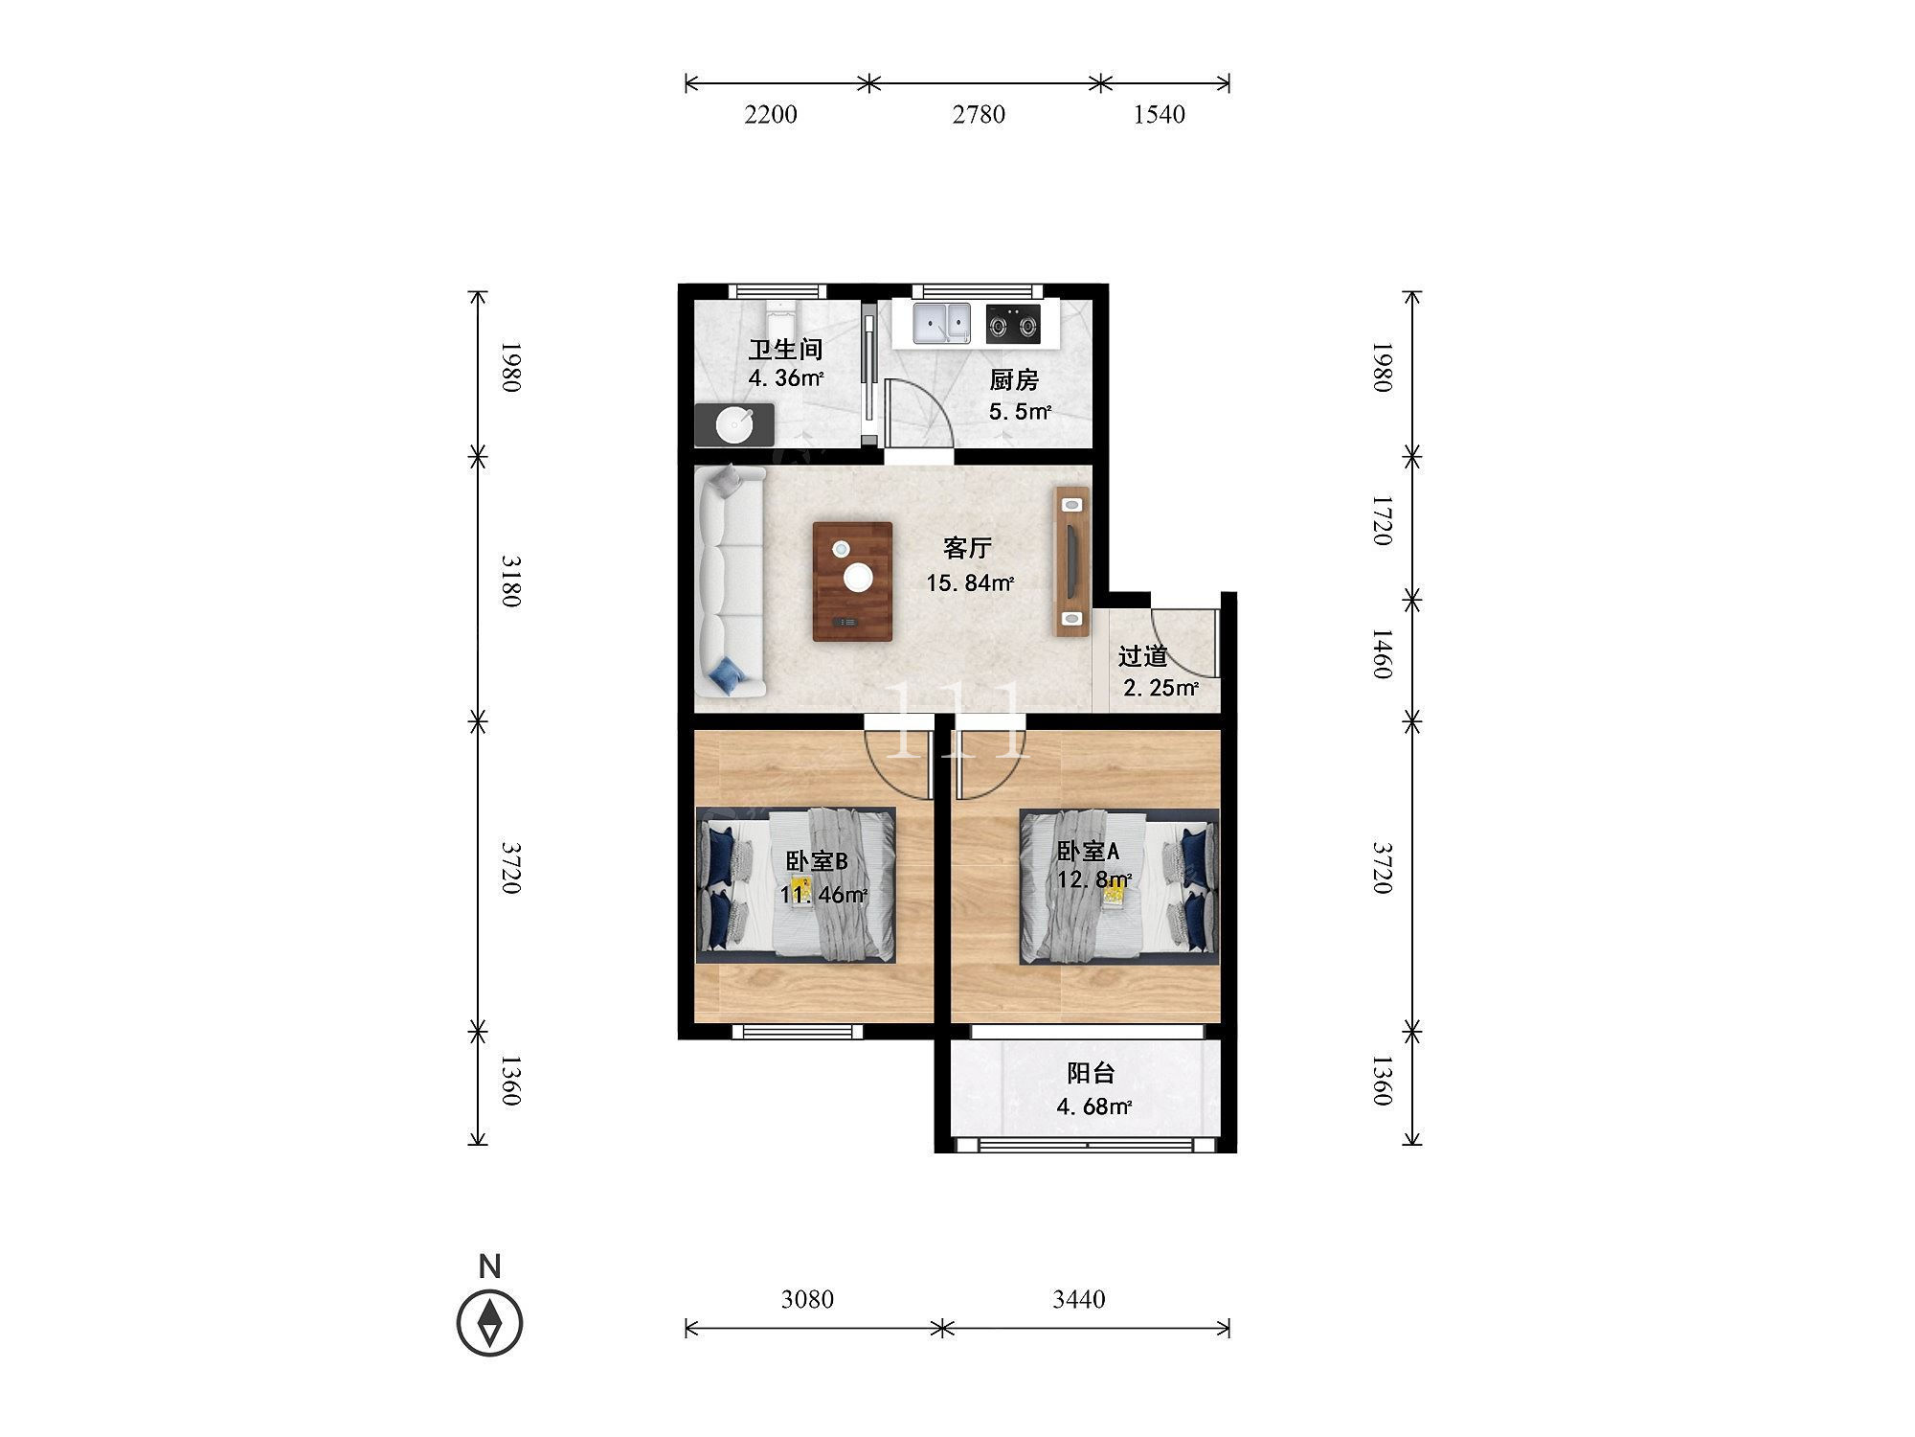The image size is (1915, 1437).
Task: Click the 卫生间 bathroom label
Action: pyautogui.click(x=786, y=350)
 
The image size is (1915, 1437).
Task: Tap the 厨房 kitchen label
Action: pyautogui.click(x=1014, y=380)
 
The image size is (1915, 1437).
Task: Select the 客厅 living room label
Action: pyautogui.click(x=967, y=548)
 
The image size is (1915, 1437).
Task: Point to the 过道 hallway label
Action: pyautogui.click(x=1143, y=656)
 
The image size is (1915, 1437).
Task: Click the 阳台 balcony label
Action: pyautogui.click(x=1092, y=1073)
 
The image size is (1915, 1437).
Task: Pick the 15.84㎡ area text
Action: pyautogui.click(x=970, y=582)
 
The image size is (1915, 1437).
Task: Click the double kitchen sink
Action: pyautogui.click(x=941, y=323)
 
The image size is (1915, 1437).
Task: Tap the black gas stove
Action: pyautogui.click(x=1013, y=323)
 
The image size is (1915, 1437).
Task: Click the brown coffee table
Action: pyautogui.click(x=852, y=582)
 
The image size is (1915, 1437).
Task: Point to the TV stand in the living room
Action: pyautogui.click(x=1072, y=561)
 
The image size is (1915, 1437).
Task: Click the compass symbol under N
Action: pyautogui.click(x=489, y=1323)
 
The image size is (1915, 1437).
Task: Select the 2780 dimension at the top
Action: pyautogui.click(x=979, y=115)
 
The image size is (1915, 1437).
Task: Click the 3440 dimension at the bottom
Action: pyautogui.click(x=1079, y=1299)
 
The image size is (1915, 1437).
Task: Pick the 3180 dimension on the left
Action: pyautogui.click(x=510, y=581)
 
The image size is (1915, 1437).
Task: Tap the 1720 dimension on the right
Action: pyautogui.click(x=1382, y=520)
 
